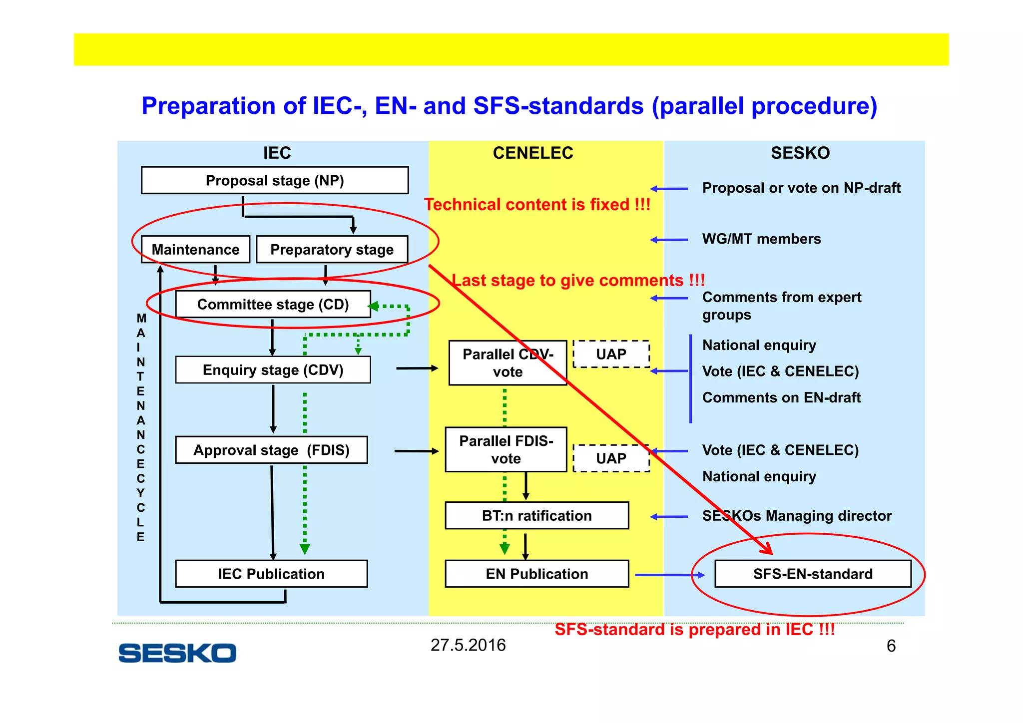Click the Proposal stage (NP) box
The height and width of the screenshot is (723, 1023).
[x=275, y=180]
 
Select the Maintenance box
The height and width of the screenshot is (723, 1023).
[x=195, y=249]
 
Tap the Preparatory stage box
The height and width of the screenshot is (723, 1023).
[x=332, y=249]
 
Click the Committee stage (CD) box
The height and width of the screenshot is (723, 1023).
[x=273, y=304]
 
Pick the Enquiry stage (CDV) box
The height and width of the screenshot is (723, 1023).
[x=273, y=370]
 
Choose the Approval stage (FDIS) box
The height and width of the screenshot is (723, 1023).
[x=271, y=450]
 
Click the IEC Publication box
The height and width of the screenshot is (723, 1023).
[x=271, y=574]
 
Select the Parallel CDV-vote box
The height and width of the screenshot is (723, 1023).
[x=508, y=363]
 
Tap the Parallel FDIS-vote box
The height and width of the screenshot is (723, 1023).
[x=506, y=449]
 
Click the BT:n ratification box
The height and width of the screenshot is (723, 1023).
[x=536, y=515]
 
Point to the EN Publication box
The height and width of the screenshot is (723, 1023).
[x=536, y=574]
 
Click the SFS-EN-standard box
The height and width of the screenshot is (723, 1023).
[x=813, y=574]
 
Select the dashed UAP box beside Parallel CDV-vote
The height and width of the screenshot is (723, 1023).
[x=611, y=354]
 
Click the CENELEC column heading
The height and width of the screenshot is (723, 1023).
[x=533, y=153]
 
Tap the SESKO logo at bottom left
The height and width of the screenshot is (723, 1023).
[x=177, y=653]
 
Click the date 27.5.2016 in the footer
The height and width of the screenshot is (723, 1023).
[x=468, y=645]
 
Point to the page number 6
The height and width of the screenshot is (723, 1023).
[x=891, y=646]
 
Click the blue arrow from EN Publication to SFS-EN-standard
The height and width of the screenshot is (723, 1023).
[x=669, y=575]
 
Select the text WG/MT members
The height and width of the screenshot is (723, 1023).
[x=761, y=239]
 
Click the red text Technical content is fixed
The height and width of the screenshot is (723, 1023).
[x=537, y=205]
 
